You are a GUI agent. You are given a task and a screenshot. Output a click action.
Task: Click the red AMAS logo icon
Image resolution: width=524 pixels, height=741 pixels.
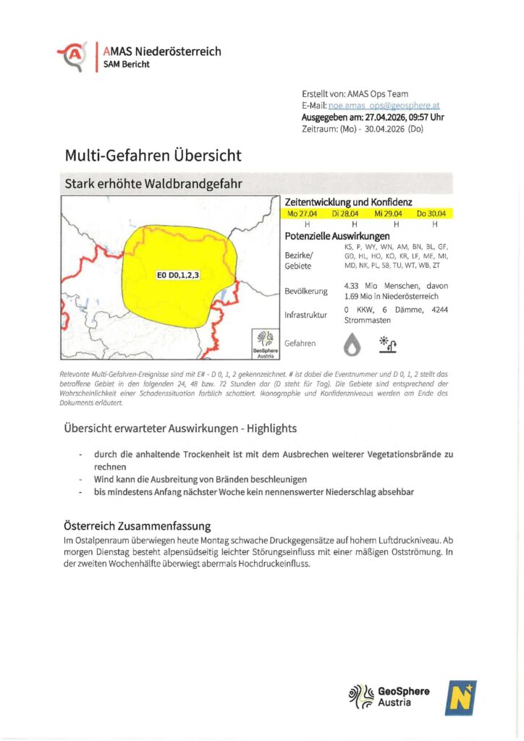(x=72, y=56)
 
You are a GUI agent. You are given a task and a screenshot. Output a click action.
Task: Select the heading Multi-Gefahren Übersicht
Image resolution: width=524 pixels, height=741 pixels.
(x=153, y=155)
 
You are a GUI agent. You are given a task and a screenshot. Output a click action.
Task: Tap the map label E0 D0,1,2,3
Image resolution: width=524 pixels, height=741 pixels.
(x=177, y=275)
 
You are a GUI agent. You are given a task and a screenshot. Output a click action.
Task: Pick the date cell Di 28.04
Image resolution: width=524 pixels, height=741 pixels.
(x=346, y=214)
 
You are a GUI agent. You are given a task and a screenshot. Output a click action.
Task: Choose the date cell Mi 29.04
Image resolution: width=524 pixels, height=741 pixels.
(x=388, y=214)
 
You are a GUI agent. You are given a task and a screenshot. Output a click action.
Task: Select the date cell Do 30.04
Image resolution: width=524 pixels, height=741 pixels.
(x=431, y=214)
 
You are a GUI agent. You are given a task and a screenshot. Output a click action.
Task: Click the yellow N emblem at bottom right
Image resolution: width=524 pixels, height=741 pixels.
(x=460, y=698)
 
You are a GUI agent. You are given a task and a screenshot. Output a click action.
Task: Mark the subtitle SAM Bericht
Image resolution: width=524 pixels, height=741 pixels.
(x=130, y=64)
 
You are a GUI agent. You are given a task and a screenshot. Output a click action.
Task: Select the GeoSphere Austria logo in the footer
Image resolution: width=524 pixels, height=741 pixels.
(x=390, y=695)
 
